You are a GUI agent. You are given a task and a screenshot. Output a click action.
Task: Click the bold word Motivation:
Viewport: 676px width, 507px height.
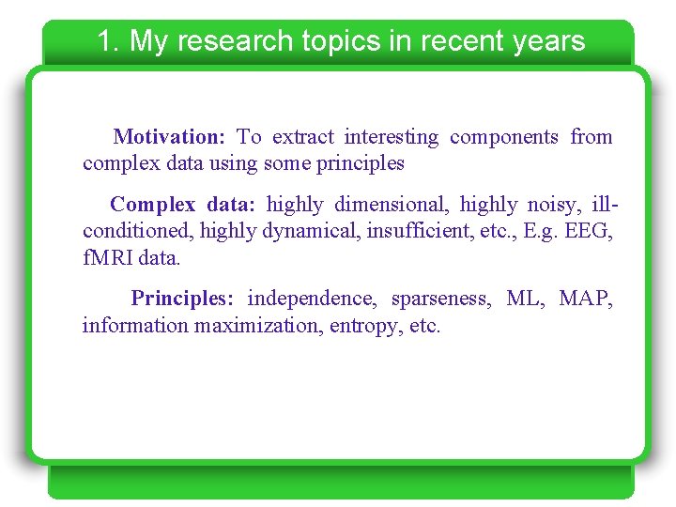click(169, 137)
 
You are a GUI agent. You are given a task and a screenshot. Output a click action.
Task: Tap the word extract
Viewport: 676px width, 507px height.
click(302, 137)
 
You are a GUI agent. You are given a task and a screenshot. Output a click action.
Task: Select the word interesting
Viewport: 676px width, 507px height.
click(391, 137)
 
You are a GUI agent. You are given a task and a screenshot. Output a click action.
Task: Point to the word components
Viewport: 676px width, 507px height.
click(504, 137)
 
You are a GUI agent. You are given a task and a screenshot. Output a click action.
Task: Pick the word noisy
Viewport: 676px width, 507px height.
click(552, 205)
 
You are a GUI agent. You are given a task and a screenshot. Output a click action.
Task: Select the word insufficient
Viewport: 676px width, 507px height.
click(419, 231)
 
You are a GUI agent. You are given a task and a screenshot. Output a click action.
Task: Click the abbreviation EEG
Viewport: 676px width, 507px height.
click(590, 231)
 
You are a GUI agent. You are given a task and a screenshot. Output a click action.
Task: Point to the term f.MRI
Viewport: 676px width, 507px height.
click(108, 257)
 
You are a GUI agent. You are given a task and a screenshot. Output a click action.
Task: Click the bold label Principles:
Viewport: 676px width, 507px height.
click(182, 299)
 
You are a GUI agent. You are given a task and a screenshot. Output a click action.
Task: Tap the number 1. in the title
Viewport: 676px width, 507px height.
click(108, 41)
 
